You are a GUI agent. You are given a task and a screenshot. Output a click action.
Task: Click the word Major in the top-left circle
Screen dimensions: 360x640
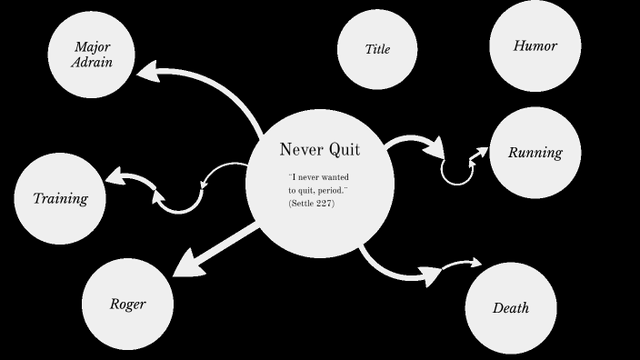(x=92, y=46)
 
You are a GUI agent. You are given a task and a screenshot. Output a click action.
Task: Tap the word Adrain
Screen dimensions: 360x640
(x=92, y=63)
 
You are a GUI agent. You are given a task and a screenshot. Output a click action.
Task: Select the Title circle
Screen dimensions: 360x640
(x=377, y=49)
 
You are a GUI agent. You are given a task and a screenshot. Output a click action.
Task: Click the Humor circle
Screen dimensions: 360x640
(x=535, y=45)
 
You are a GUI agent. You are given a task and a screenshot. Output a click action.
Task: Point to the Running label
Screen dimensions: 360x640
(x=535, y=153)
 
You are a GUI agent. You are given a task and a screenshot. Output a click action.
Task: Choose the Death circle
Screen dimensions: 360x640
(x=511, y=307)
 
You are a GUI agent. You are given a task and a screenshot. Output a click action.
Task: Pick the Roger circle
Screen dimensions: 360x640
(x=127, y=304)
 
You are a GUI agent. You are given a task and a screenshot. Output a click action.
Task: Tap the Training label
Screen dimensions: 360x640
(x=60, y=198)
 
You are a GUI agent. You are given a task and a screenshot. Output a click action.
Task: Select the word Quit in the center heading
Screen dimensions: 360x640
(x=343, y=150)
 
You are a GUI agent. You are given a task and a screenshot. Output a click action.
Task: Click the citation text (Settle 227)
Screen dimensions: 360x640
(x=312, y=203)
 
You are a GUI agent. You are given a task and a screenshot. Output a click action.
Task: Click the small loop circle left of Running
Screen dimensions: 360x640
(x=457, y=170)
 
